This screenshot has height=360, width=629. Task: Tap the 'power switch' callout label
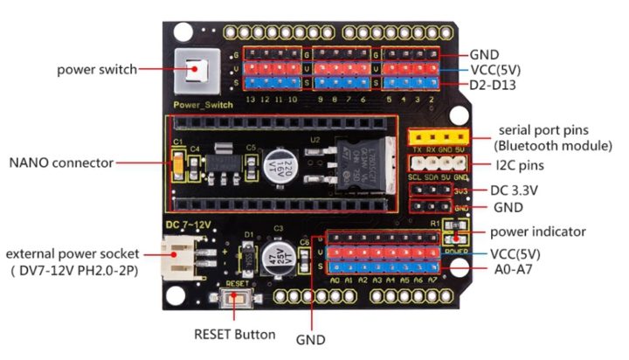coord(97,69)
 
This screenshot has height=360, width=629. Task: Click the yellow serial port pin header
coord(439,137)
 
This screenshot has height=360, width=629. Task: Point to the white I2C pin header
coord(439,162)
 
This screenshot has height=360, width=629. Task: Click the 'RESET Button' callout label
coord(235,334)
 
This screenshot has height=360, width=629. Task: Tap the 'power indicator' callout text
coord(537,232)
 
